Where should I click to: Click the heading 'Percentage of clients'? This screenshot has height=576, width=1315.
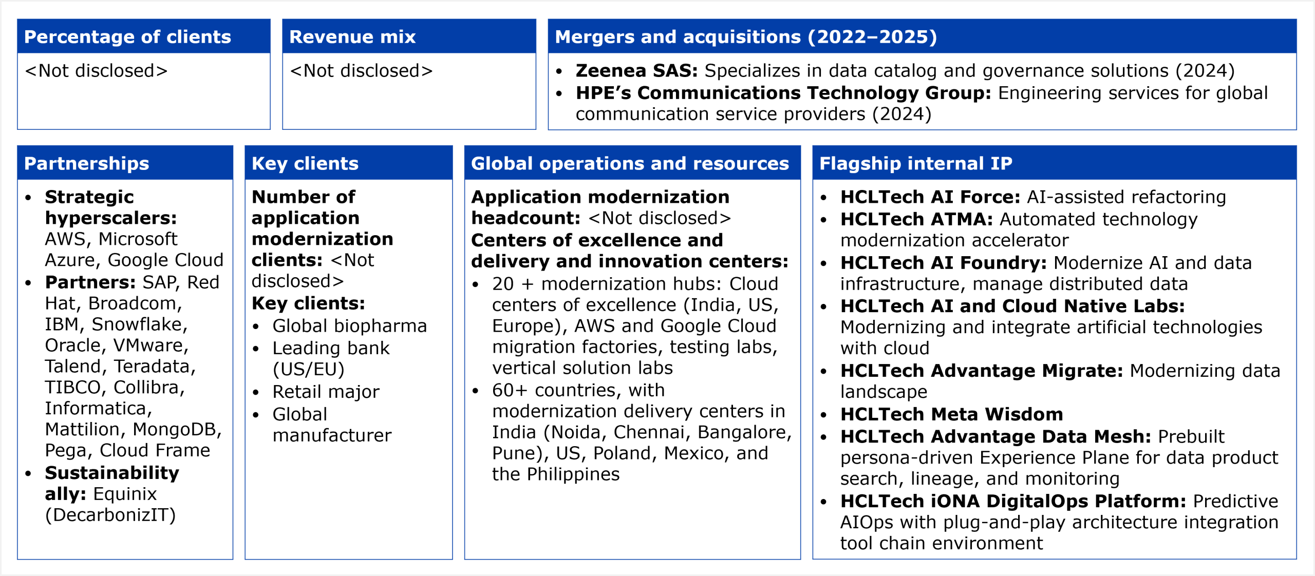click(x=127, y=37)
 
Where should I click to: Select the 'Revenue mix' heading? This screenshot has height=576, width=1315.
click(x=352, y=37)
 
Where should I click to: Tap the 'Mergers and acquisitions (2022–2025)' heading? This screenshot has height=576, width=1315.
click(x=746, y=37)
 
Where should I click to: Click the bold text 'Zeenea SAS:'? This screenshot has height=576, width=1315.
click(x=636, y=70)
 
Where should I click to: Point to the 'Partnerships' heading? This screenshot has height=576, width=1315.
click(x=86, y=163)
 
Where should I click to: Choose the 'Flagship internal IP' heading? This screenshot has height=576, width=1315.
click(x=916, y=163)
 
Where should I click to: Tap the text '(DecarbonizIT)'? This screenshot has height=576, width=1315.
click(x=110, y=515)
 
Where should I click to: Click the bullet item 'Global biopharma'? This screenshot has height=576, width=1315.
click(x=350, y=326)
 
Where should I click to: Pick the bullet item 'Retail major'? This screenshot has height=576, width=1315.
click(x=326, y=392)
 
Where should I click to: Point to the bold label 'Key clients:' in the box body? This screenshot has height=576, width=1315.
click(x=308, y=303)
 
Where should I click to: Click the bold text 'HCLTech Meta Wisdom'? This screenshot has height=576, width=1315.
click(x=952, y=414)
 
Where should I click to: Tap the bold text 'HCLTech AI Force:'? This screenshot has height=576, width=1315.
click(x=930, y=197)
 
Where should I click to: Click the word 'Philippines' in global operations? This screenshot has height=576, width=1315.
click(x=573, y=474)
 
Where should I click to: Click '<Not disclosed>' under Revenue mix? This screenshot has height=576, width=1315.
click(x=361, y=71)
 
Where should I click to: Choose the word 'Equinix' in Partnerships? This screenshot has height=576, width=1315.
click(x=125, y=494)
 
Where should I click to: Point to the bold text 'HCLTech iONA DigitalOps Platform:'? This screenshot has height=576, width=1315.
click(x=1013, y=501)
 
